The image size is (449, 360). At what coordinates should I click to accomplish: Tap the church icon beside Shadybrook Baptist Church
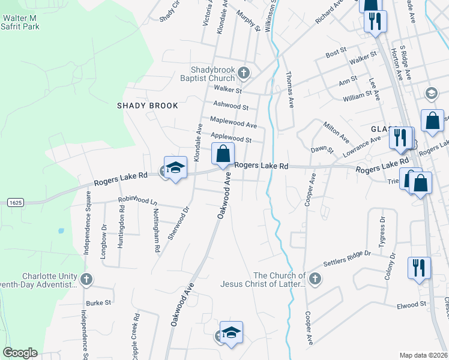pyautogui.click(x=243, y=74)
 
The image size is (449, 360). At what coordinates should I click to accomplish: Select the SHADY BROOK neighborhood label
pyautogui.click(x=148, y=106)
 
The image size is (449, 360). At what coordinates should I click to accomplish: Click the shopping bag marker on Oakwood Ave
pyautogui.click(x=223, y=154)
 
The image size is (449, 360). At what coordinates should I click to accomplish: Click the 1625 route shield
pyautogui.click(x=16, y=203)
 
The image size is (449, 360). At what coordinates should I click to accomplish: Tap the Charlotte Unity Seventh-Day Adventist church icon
pyautogui.click(x=86, y=279)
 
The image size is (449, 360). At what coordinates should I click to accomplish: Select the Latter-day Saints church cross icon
pyautogui.click(x=315, y=278)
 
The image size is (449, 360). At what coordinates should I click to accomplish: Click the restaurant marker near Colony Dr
pyautogui.click(x=418, y=268)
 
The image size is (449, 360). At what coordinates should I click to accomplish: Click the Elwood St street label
pyautogui.click(x=411, y=305)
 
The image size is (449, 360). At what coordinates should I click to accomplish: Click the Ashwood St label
pyautogui.click(x=231, y=106)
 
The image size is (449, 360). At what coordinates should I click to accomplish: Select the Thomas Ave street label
pyautogui.click(x=290, y=90)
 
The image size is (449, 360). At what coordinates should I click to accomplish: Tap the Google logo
pyautogui.click(x=20, y=353)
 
